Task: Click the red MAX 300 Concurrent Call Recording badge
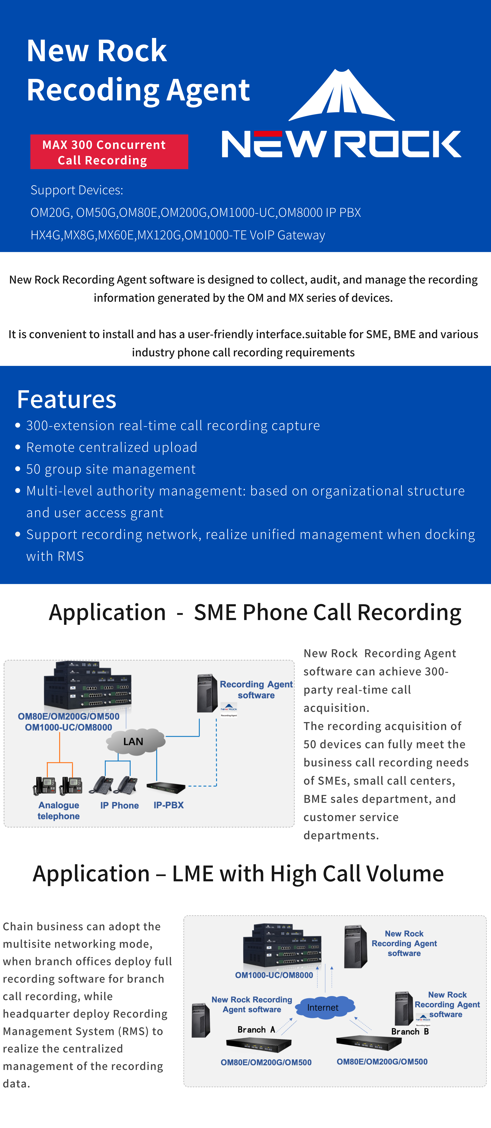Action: (109, 152)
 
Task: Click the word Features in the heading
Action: (67, 399)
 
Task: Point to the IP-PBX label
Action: (169, 805)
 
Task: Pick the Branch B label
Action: (410, 1031)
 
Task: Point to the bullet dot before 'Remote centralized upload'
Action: (18, 447)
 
